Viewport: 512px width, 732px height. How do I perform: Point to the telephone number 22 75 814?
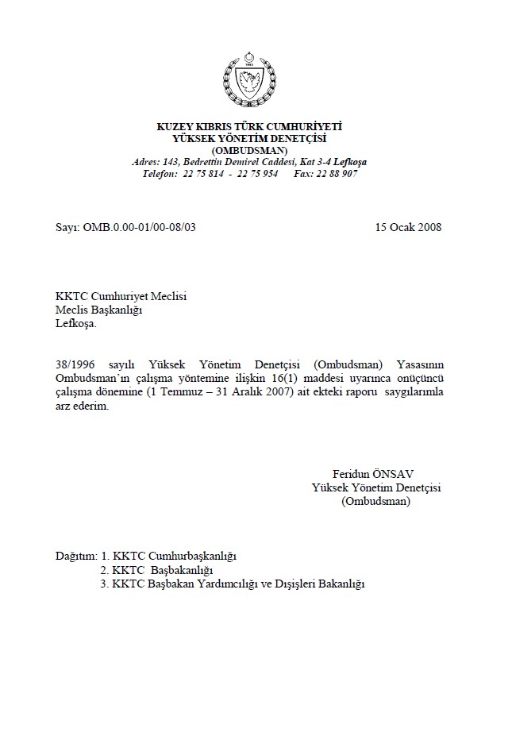tap(202, 173)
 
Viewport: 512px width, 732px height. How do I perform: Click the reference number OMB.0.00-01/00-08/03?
tap(138, 227)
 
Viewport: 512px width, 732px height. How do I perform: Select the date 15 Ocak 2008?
tap(408, 227)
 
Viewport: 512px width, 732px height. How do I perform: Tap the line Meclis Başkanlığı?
tap(98, 310)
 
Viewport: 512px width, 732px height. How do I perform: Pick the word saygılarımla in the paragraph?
tap(408, 393)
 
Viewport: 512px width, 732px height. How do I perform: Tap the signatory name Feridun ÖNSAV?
tap(368, 475)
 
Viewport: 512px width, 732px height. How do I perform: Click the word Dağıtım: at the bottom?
tap(76, 556)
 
